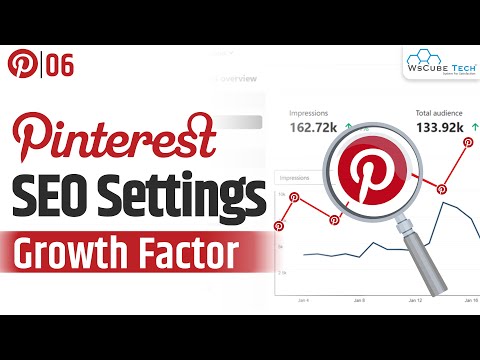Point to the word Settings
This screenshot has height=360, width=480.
(184, 191)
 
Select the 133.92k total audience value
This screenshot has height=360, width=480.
(442, 129)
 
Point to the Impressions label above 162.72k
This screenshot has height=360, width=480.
(309, 113)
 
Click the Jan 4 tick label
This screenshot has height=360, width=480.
(303, 298)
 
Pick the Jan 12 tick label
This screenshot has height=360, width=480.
(416, 298)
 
